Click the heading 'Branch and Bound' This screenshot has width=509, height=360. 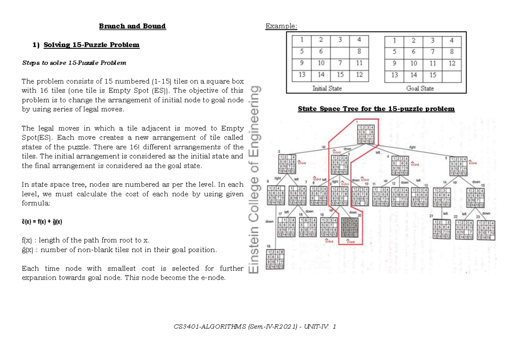(x=132, y=26)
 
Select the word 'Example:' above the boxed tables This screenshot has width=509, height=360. (x=281, y=27)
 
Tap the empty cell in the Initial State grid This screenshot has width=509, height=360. (x=341, y=52)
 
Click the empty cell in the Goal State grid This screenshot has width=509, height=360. (x=452, y=75)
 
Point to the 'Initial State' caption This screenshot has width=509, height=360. (x=327, y=88)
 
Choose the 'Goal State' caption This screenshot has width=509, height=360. (x=420, y=88)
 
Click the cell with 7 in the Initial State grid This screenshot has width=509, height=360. (x=341, y=64)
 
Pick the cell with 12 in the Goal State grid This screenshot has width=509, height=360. (x=452, y=64)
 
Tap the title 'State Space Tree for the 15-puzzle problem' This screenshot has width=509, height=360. (x=376, y=109)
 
